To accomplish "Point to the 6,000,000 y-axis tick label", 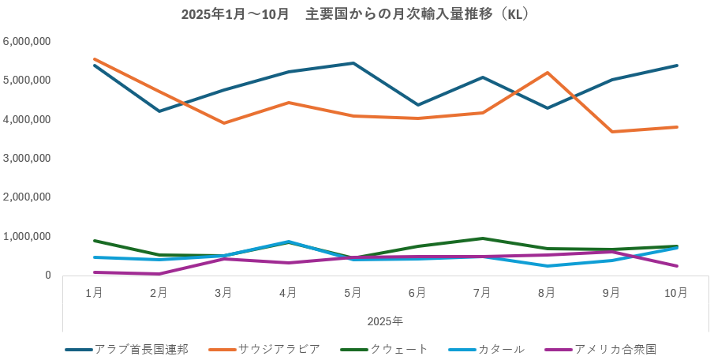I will point(28,41).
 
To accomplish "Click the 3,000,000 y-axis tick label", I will point(28,159).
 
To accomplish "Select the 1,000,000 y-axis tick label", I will point(28,237).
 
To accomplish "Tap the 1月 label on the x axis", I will point(94,293).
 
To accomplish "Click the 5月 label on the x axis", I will point(353,293).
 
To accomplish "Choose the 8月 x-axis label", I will point(547,293).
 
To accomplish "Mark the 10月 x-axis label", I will point(676,293).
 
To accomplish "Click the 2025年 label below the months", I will point(385,321).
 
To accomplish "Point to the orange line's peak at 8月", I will point(548,73).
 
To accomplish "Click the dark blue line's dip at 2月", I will point(159,111).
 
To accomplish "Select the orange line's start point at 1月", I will point(94,59).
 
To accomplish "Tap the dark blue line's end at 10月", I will point(677,66).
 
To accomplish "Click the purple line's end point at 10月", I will point(677,266).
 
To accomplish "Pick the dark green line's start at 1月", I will point(94,241).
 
